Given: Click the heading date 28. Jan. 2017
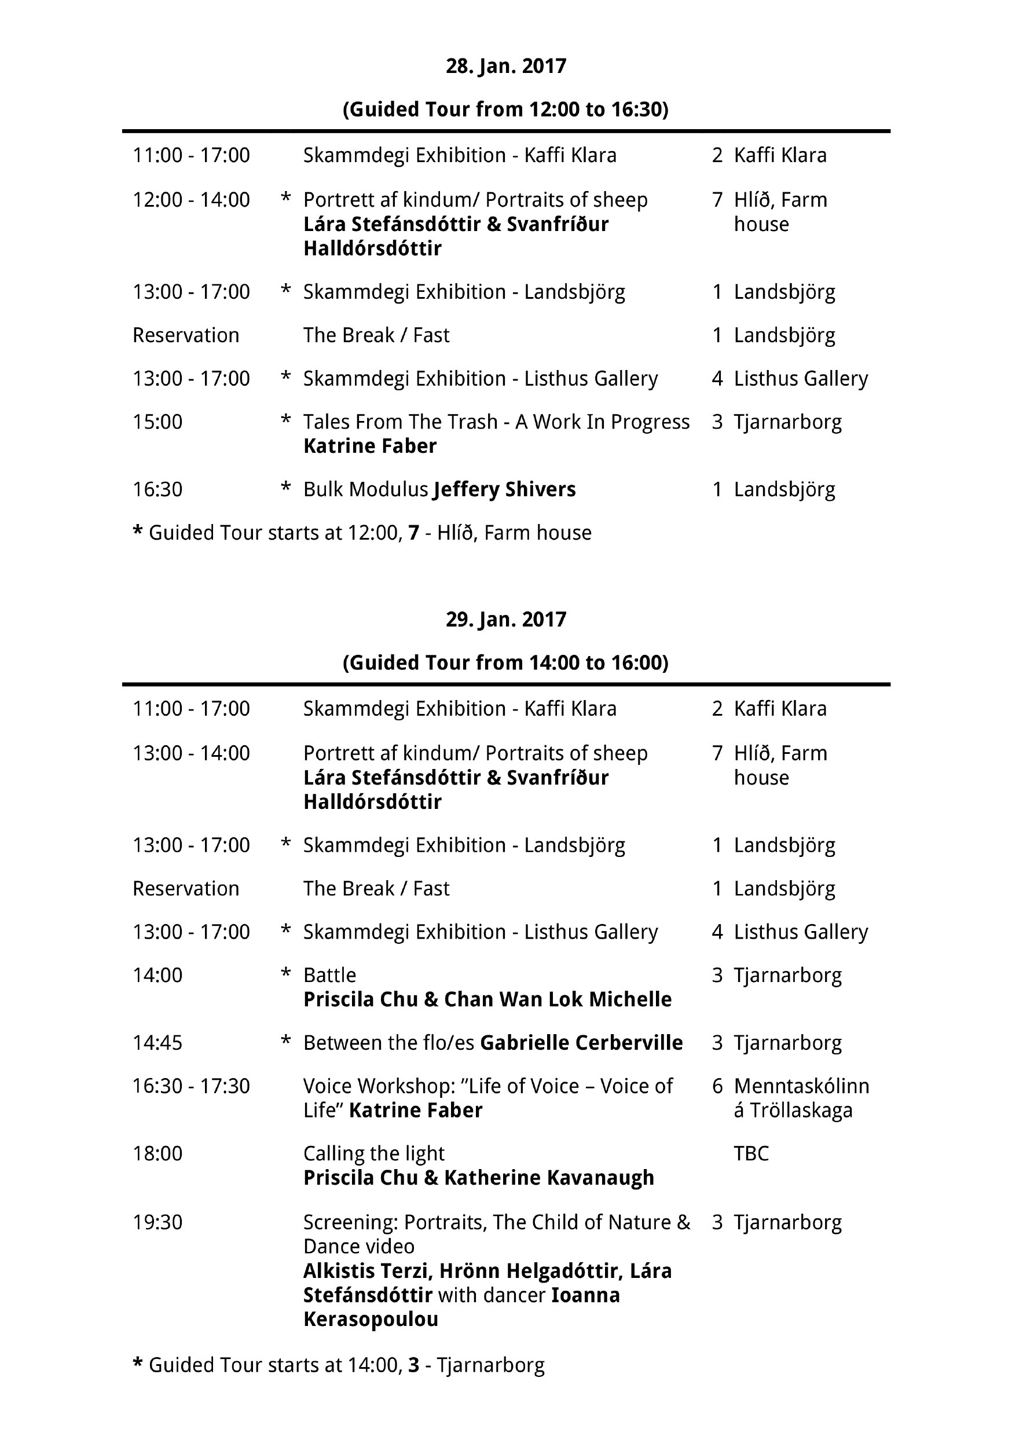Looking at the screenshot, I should [505, 66].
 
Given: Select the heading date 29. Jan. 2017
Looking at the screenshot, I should [505, 619].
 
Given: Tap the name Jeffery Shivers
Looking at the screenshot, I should [504, 489].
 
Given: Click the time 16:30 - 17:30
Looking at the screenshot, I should [191, 1086].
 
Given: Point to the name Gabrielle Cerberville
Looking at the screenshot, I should [581, 1043].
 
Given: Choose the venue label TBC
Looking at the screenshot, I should [750, 1153].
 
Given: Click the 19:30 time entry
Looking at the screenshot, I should [157, 1222].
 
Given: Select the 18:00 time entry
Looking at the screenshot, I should [157, 1153].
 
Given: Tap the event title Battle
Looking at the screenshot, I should [329, 975].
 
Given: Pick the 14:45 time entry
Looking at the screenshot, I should [157, 1043].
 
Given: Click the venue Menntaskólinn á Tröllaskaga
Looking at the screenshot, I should [801, 1098].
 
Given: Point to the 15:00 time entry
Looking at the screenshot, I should [157, 422].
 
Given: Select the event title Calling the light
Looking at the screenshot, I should [373, 1153].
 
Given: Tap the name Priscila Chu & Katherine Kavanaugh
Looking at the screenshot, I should [478, 1178].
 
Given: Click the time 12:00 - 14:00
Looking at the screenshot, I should [191, 200].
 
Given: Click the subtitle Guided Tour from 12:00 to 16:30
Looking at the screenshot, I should [505, 109].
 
